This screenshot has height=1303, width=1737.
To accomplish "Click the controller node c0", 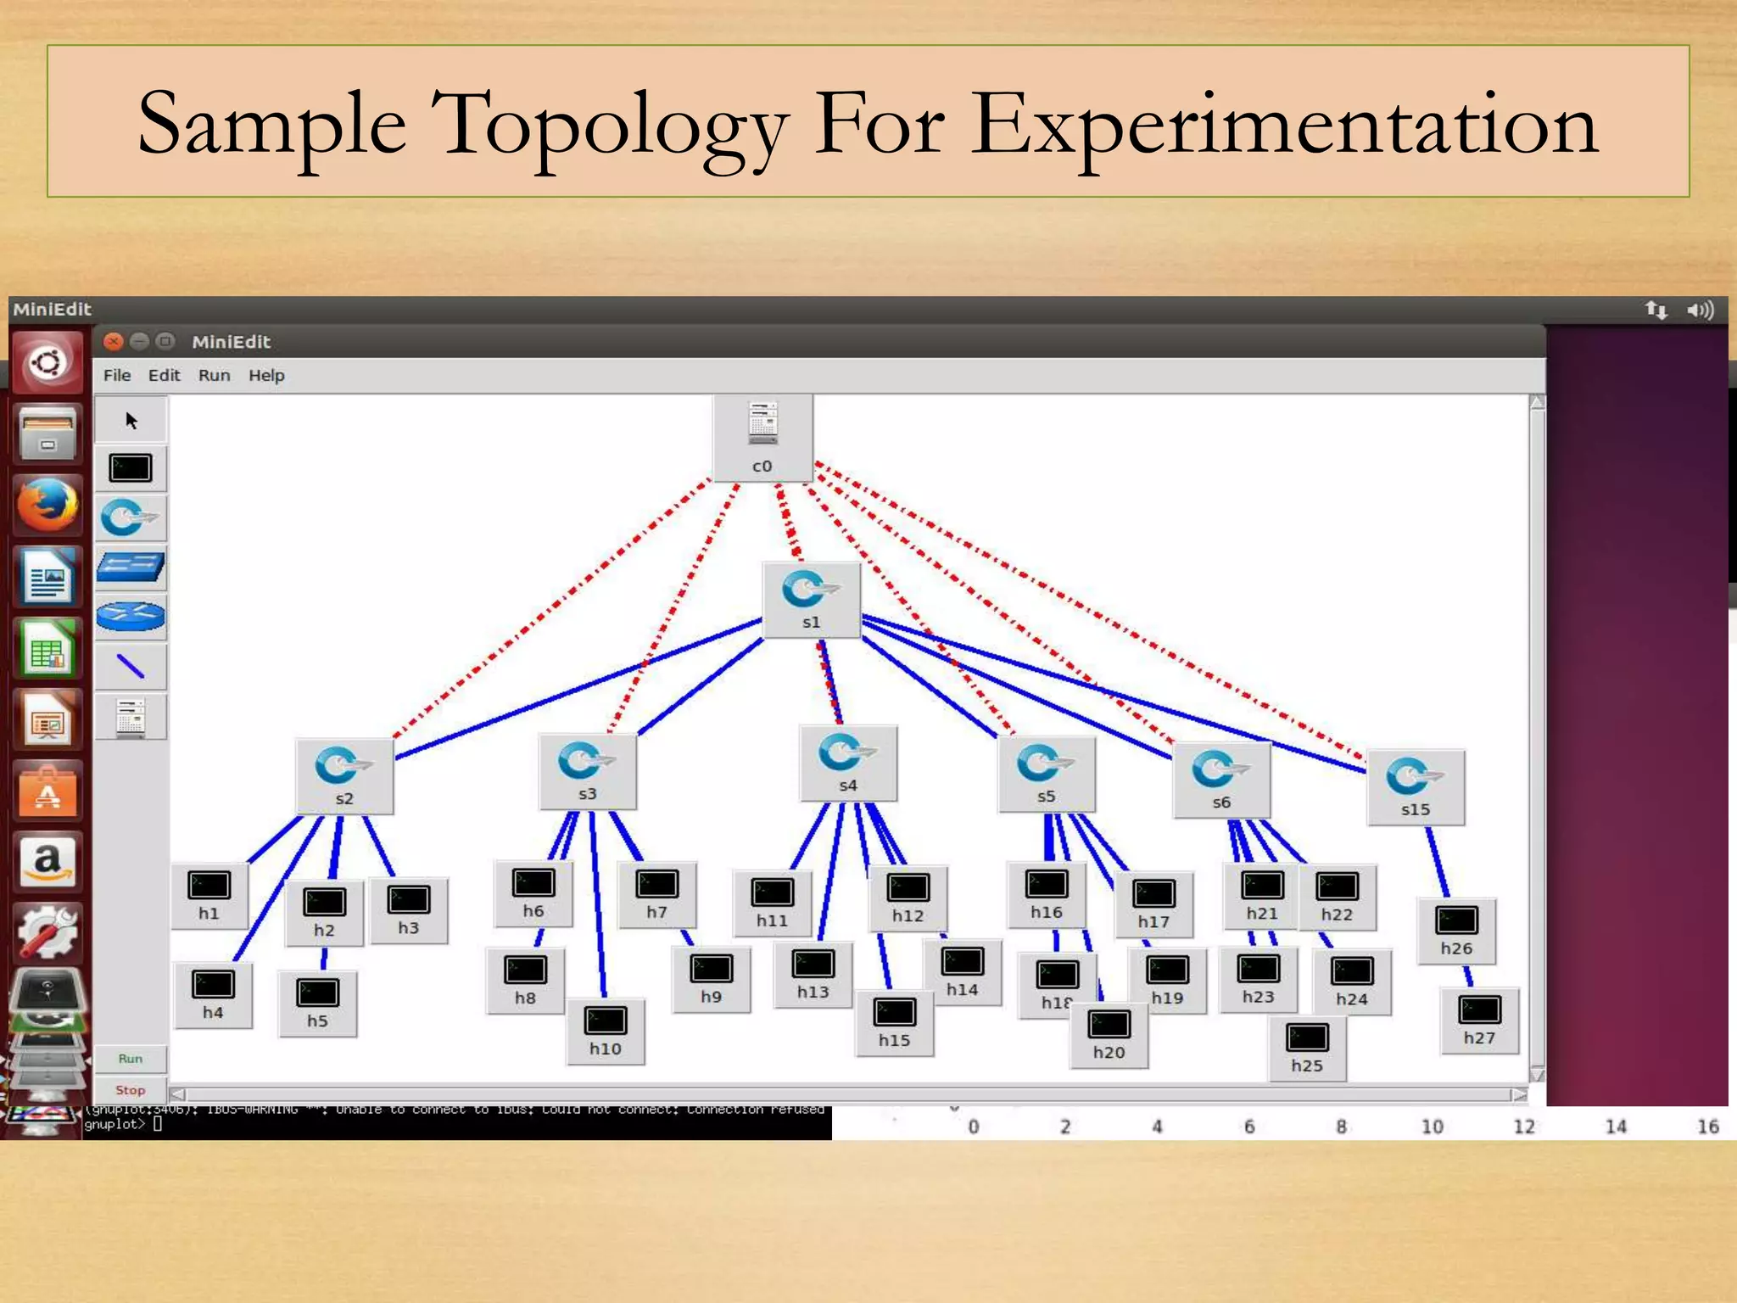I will coord(762,438).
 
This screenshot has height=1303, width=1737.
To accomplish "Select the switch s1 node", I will coord(811,599).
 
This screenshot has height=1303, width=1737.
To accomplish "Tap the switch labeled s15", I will coord(1415,786).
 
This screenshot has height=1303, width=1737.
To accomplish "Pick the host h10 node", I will coord(605,1030).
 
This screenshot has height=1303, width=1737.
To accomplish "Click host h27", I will coord(1479,1020).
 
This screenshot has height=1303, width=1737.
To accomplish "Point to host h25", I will coord(1307,1047).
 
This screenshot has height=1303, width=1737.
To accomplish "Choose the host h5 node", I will coord(317,1003).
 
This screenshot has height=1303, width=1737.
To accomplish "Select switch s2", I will coord(343,775).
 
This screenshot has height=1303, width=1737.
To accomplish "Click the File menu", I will coord(117,375).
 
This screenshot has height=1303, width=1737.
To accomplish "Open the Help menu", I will coord(266,375).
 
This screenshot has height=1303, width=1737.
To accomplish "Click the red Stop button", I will coord(130,1090).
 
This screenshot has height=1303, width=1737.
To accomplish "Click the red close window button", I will coord(113,342).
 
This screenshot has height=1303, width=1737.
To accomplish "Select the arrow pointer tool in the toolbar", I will coord(131,421).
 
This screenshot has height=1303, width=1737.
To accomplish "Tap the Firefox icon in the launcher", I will coord(47,504).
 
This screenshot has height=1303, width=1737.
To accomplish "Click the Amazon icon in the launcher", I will coord(47,861).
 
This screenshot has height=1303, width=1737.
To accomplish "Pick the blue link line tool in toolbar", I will coord(131,667).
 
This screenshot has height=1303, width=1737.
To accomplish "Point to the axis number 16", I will coord(1707,1127).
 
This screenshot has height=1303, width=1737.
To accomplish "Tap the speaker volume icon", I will coord(1700,310).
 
